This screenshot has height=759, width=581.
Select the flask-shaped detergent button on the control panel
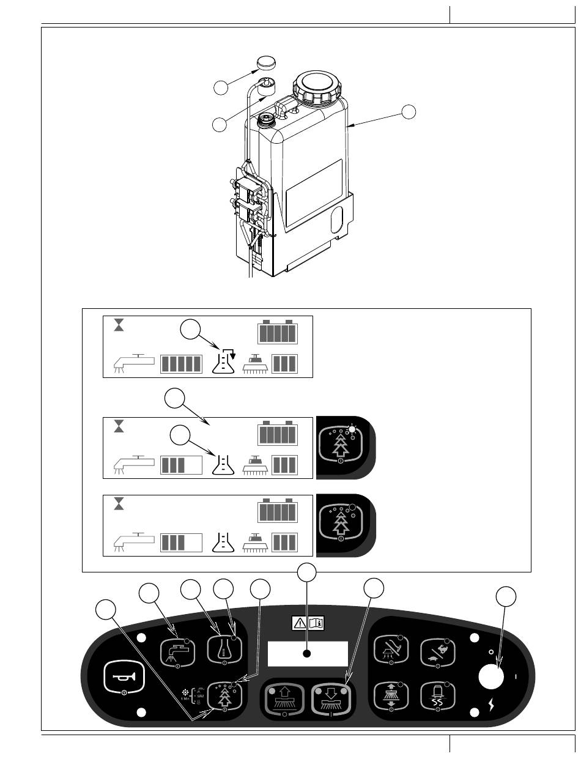223,651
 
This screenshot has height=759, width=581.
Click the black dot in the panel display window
307,654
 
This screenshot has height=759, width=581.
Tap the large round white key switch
491,678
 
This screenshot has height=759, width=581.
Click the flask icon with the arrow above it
223,360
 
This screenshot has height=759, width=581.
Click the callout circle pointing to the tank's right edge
409,111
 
